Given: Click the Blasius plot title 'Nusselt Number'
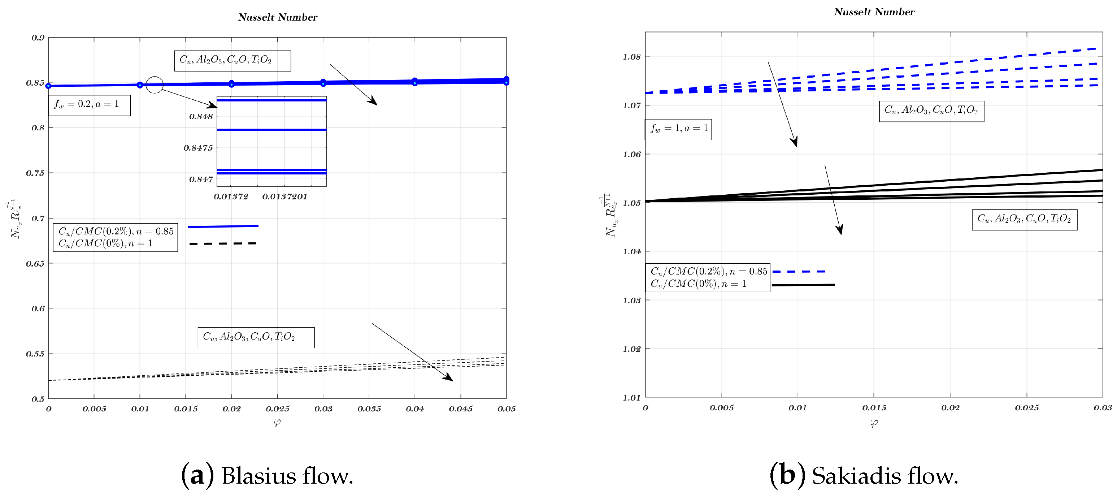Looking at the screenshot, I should click(278, 17).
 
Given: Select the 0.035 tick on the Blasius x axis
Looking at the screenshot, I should click(369, 409).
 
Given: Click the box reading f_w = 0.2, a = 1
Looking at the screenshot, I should click(89, 105).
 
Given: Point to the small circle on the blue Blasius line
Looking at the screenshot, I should click(155, 85).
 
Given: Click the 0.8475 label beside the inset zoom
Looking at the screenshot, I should click(198, 148).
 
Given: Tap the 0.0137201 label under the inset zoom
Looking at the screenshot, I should click(284, 197).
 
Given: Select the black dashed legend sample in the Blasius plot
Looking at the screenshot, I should click(223, 244).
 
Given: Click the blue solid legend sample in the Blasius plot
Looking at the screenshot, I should click(223, 226).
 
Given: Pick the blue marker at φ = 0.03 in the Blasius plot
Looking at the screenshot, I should click(323, 82).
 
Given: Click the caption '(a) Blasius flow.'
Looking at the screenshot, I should click(267, 476).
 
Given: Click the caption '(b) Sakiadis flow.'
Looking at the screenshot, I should click(864, 476).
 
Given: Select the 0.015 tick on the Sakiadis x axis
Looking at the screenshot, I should click(874, 408).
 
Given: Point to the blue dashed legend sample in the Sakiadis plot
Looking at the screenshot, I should click(798, 272).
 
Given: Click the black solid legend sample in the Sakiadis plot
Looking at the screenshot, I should click(803, 285).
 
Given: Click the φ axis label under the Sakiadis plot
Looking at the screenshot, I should click(874, 423).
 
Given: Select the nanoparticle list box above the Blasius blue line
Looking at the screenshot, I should click(232, 61).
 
